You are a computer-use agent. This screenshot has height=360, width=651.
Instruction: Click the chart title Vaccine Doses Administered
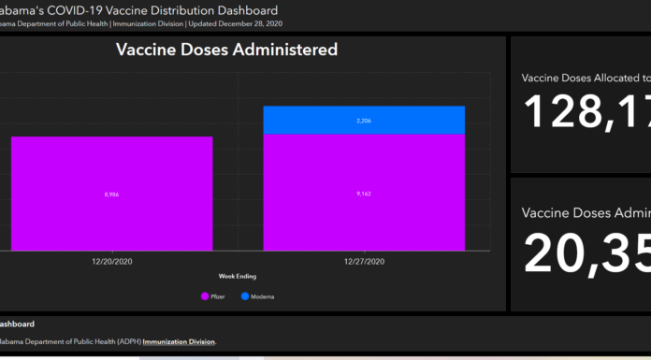pos(226,50)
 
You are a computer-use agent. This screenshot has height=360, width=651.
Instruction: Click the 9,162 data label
pos(364,194)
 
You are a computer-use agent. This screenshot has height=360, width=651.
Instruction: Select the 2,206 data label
pos(364,121)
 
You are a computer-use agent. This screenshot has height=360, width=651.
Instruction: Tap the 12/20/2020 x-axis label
pos(112,262)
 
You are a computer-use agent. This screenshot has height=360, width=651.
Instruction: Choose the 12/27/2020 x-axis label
pos(364,262)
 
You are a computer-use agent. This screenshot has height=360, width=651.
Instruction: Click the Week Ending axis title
pos(239,277)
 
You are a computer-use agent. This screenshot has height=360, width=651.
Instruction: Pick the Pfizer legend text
pos(218,296)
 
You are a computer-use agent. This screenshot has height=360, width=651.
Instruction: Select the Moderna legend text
pos(263,296)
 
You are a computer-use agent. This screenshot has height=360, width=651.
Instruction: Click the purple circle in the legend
pos(203,296)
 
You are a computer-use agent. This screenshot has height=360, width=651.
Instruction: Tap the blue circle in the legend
pos(245,296)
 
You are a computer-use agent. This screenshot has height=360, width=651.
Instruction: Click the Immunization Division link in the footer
pos(179,341)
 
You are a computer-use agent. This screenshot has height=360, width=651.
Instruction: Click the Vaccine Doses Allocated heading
pos(586,78)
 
